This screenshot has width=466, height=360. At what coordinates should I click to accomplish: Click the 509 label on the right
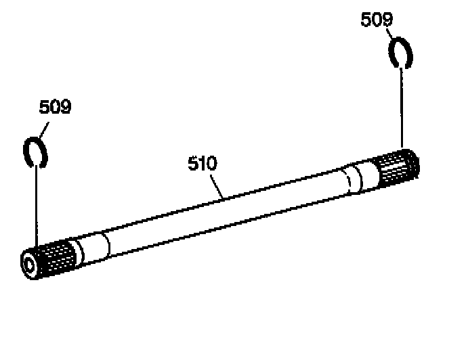pos(376,20)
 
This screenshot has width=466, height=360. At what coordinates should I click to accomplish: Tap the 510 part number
pos(202,164)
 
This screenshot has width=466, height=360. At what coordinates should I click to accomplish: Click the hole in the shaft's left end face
pos(29,262)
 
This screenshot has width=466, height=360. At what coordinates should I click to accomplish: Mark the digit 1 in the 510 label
pos(203,164)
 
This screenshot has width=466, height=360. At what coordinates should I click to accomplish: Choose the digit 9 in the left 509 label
pos(66,107)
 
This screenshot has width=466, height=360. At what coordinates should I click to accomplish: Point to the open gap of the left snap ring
pos(41,161)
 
